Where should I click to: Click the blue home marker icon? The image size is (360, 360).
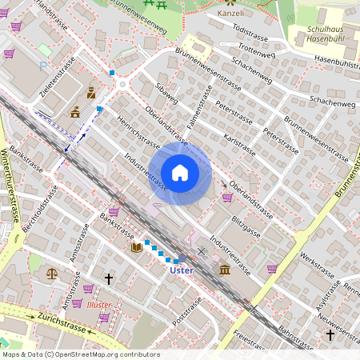point(180,173)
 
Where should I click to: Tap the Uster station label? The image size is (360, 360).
point(182,270)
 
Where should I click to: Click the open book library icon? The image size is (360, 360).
point(136,247)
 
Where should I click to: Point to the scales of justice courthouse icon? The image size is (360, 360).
point(53,273)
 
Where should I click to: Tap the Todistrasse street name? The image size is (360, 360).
point(249,29)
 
